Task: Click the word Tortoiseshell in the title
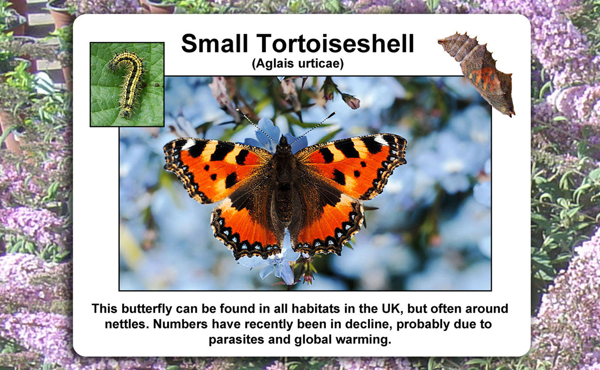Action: coord(335,43)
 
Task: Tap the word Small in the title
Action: coord(214,43)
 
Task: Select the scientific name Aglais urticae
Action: coord(298,64)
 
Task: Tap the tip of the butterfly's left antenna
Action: coord(237,110)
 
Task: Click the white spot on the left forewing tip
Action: coord(188,145)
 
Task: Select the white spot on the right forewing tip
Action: coord(381,140)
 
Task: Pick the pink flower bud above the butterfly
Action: coord(351,101)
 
